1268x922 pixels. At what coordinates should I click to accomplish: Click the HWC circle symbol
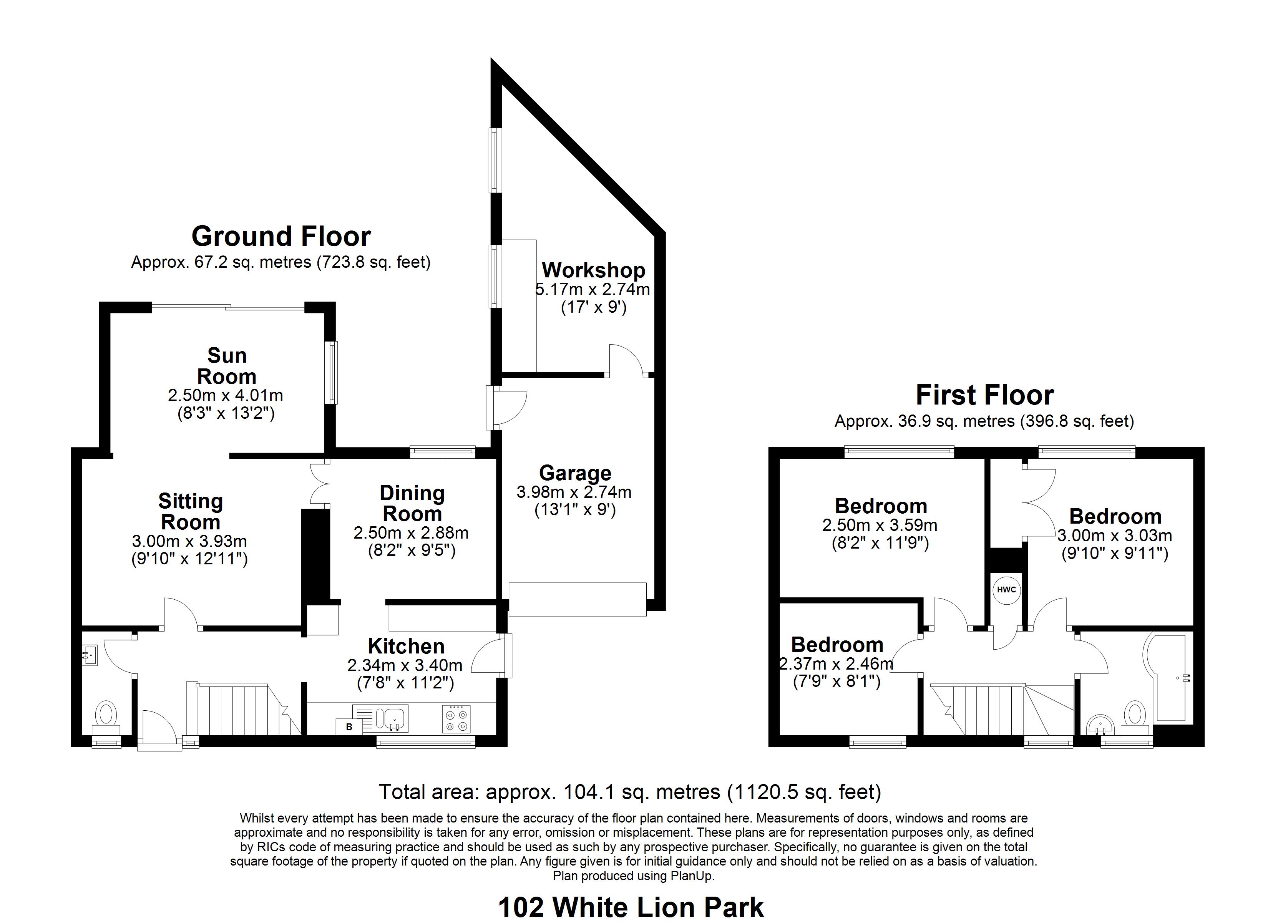[1006, 590]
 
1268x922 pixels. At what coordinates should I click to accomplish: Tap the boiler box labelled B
[349, 727]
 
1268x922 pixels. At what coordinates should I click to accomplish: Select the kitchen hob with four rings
[456, 718]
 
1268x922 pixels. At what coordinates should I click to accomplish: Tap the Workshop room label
[593, 270]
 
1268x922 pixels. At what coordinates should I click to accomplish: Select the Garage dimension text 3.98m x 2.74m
[574, 492]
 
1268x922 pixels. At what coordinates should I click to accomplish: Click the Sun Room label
[226, 366]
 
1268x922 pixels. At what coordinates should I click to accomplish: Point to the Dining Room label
[412, 502]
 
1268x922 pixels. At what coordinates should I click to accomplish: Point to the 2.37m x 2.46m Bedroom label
[837, 645]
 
